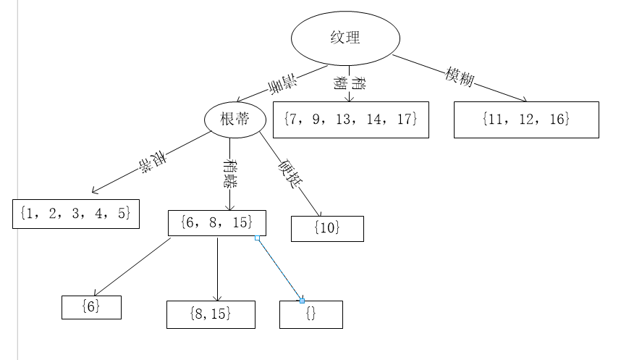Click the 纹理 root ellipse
coord(345,38)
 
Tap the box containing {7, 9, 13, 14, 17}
coord(351,120)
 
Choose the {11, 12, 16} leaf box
coord(526,120)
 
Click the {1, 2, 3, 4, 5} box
coord(76,214)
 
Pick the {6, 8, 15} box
coord(217,223)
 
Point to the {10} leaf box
coord(327,228)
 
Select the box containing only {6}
coord(91,307)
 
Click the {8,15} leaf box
coord(211,314)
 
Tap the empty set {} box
coord(311,314)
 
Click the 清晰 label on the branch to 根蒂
coord(283,84)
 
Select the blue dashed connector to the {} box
coord(280,269)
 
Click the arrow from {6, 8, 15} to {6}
coord(132,266)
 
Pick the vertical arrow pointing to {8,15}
coord(218,268)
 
